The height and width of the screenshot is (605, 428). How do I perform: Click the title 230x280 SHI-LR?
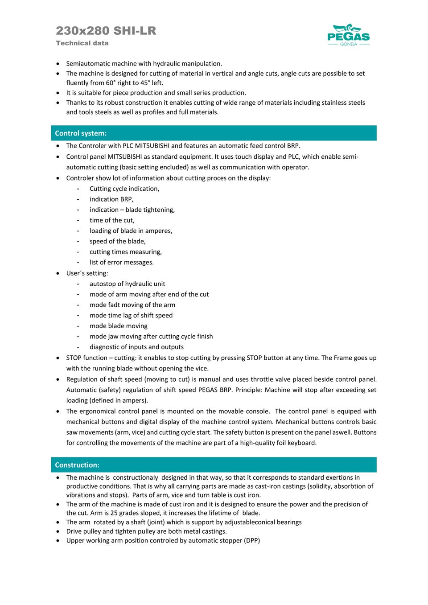pyautogui.click(x=106, y=31)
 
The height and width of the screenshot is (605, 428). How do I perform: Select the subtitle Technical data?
pyautogui.click(x=82, y=43)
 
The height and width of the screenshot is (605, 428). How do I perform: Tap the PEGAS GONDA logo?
pyautogui.click(x=348, y=35)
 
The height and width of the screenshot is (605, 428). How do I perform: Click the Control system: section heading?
pyautogui.click(x=81, y=133)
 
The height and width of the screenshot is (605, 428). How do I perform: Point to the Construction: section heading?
pyautogui.click(x=77, y=465)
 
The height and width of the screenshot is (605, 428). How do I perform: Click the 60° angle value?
pyautogui.click(x=111, y=83)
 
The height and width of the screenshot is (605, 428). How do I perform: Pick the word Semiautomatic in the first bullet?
pyautogui.click(x=87, y=64)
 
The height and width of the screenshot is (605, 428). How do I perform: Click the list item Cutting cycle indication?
pyautogui.click(x=124, y=189)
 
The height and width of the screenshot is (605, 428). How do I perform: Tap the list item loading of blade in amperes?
pyautogui.click(x=131, y=230)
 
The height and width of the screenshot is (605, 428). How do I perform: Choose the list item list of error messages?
pyautogui.click(x=121, y=262)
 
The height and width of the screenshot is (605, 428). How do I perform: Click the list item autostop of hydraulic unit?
pyautogui.click(x=127, y=284)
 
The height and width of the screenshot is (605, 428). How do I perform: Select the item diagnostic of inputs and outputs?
pyautogui.click(x=136, y=347)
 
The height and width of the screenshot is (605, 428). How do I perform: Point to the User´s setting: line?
pyautogui.click(x=87, y=273)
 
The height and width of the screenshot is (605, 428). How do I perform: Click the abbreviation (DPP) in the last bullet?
pyautogui.click(x=252, y=540)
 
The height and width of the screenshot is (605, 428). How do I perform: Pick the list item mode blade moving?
pyautogui.click(x=118, y=326)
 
